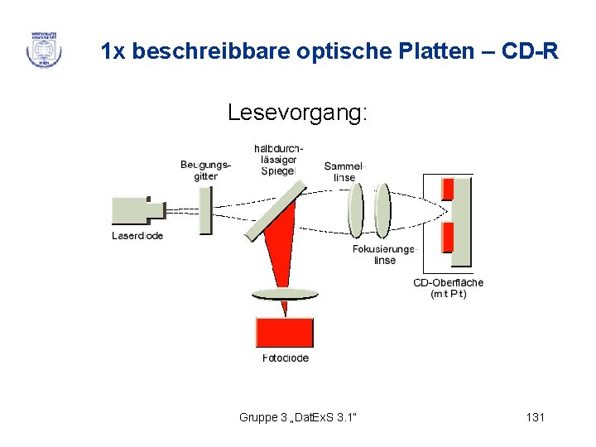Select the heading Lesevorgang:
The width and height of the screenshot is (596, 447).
[297, 113]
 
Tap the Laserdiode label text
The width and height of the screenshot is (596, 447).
[137, 236]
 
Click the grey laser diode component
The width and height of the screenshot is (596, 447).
[137, 211]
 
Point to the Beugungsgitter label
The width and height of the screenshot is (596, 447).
[205, 171]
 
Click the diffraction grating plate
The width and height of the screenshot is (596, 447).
[205, 210]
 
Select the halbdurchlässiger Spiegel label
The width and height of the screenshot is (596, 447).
[277, 160]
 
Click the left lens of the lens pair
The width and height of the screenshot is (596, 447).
[355, 210]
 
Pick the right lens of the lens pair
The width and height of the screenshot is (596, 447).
[382, 210]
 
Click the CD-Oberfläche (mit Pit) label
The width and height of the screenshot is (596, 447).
[448, 288]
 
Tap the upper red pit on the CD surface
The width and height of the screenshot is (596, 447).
[448, 189]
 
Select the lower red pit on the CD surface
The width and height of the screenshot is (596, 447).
[448, 237]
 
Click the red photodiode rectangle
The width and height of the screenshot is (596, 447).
[285, 332]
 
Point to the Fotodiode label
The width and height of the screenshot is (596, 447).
[285, 358]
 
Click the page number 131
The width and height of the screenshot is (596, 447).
[535, 417]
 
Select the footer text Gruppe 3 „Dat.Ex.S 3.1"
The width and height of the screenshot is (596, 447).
[298, 417]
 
